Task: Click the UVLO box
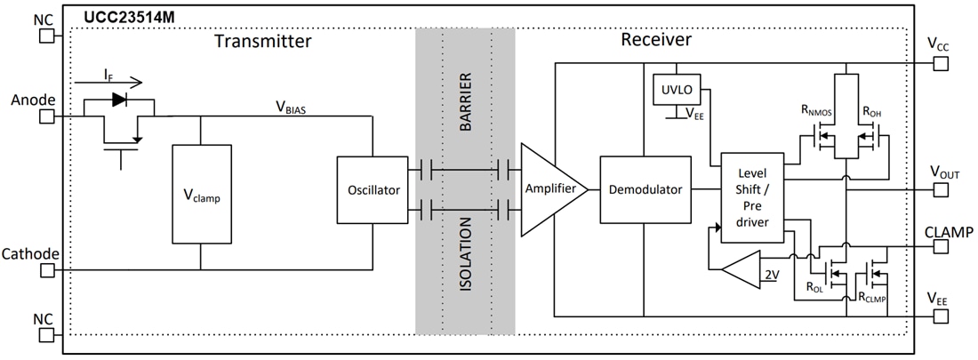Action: click(677, 89)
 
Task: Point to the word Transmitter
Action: click(263, 41)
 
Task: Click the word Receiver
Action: click(656, 40)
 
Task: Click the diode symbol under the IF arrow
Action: click(118, 100)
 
